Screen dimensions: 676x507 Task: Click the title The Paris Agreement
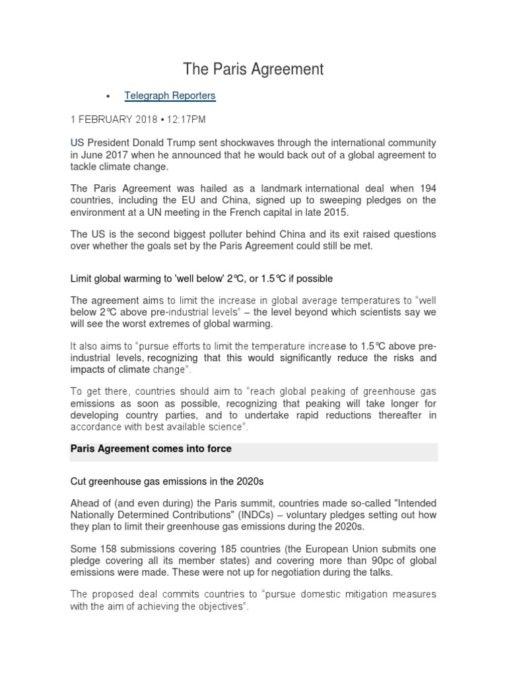[253, 68]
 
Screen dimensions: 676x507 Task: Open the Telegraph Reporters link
[170, 96]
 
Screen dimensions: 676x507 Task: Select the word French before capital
[294, 213]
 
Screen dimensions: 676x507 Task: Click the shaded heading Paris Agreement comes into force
[151, 449]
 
